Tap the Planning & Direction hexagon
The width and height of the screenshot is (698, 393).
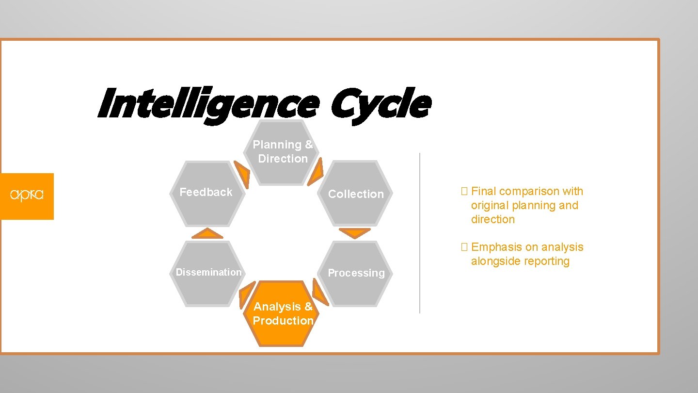(283, 152)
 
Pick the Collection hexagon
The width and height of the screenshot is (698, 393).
(356, 194)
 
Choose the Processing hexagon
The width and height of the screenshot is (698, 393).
(356, 273)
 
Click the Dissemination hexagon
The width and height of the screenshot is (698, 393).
(208, 273)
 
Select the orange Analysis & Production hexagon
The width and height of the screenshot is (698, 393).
(283, 313)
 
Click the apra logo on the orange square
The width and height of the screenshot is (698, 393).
(27, 196)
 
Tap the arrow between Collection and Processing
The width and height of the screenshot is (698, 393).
(354, 233)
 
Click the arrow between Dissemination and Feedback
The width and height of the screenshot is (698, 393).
(207, 234)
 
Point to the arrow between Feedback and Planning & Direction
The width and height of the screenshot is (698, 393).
(242, 174)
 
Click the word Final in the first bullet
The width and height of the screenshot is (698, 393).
(484, 191)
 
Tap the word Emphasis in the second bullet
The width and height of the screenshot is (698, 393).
(497, 247)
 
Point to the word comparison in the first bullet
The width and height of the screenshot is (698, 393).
(529, 191)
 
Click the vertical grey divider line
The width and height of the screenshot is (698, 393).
(420, 233)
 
